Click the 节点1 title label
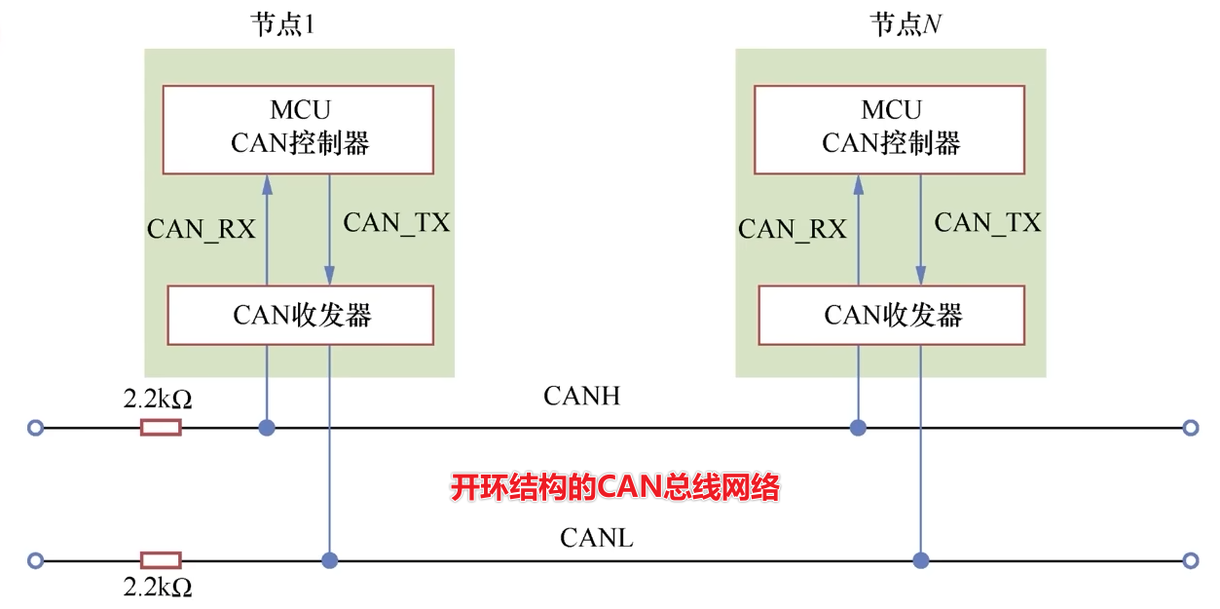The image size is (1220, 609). point(283,25)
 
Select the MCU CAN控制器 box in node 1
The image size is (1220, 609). point(299,130)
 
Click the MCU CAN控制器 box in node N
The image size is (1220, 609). point(890,130)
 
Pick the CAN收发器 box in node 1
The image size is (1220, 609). point(301,315)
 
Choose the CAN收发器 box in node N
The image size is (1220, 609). point(892,315)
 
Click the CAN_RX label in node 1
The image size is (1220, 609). point(201,229)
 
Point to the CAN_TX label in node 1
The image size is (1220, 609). point(396,222)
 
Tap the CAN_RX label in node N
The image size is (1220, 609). point(792,229)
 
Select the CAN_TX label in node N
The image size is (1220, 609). point(987,222)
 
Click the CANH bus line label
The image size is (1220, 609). point(581,396)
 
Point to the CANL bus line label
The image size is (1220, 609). point(596,537)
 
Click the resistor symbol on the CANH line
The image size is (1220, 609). point(161,427)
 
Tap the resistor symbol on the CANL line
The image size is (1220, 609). point(161,560)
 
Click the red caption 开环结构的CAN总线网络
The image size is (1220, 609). point(614,487)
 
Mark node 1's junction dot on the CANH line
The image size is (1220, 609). point(266,427)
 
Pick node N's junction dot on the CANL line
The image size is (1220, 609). point(920,560)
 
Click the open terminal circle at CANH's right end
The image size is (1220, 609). point(1189,427)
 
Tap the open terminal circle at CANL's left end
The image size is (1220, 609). point(36,560)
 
